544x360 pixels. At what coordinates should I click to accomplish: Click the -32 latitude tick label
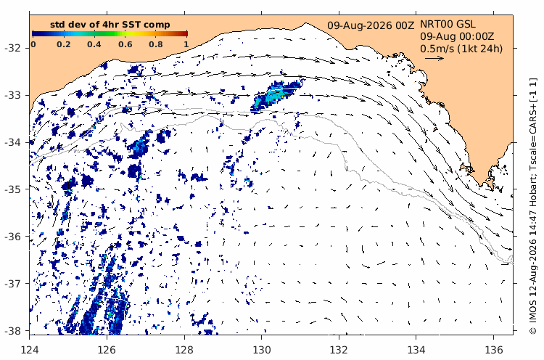(x=12, y=48)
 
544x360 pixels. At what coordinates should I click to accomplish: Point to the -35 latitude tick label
(x=12, y=189)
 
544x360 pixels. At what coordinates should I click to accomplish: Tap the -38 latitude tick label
(x=12, y=331)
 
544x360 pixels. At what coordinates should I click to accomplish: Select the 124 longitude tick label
(x=30, y=350)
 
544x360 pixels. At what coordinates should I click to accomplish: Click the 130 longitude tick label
(x=261, y=350)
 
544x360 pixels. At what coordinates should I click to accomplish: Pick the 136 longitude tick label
(x=493, y=350)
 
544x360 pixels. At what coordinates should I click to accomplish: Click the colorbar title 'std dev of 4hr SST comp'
(x=110, y=25)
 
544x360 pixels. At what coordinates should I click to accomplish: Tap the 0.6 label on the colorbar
(x=125, y=44)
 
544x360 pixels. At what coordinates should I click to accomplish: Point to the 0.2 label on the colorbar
(x=64, y=44)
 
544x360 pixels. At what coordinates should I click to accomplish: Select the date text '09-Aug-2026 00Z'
(x=371, y=25)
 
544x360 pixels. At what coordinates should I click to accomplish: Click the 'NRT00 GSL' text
(x=448, y=24)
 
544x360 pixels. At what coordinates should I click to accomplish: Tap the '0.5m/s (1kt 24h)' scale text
(x=461, y=49)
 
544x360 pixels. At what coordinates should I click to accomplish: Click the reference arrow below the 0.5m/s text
(x=434, y=58)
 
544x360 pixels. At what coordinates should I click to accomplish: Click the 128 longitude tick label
(x=184, y=350)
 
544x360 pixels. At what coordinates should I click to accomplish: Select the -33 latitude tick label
(x=12, y=95)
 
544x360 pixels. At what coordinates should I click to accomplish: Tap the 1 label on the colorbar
(x=186, y=44)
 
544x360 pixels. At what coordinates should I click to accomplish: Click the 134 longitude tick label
(x=416, y=350)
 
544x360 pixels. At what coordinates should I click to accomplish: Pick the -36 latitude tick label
(x=12, y=237)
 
